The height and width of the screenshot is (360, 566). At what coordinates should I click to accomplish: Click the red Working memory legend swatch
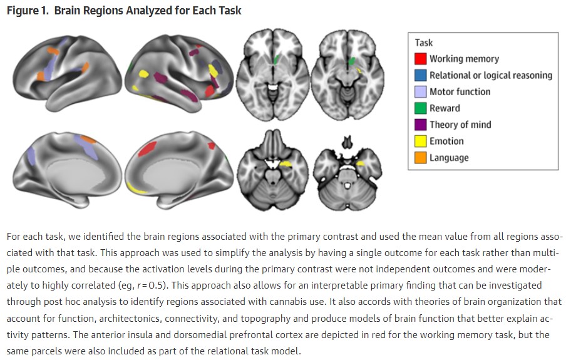pos(420,59)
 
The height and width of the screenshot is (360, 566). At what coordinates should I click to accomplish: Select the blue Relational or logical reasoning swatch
pos(420,75)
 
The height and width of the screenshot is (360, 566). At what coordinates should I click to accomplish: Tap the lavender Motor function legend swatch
pos(420,91)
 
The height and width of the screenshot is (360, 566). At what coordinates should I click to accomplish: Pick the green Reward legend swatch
pos(420,108)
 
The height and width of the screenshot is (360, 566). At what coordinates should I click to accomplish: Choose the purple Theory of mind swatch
pos(420,125)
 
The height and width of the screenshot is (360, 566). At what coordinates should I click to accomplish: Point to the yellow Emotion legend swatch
pos(420,141)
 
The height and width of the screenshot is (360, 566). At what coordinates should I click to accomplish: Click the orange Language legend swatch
pos(420,158)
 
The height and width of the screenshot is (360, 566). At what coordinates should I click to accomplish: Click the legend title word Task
pos(424,43)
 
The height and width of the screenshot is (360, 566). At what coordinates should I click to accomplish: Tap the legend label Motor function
pos(460,91)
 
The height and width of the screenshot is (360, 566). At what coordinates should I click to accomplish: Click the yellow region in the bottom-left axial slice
pos(286,165)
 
